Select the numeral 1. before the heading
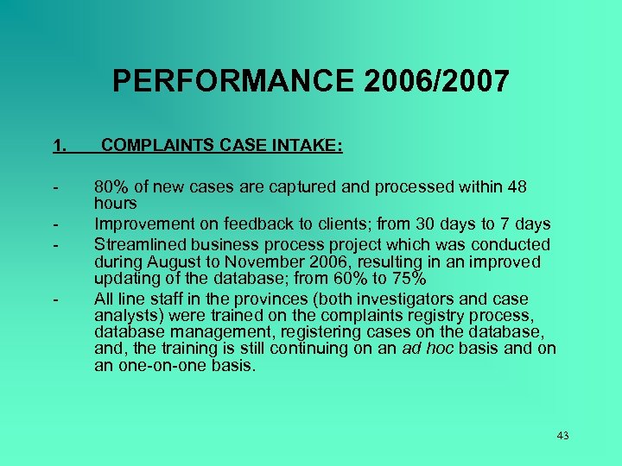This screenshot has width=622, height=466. [x=59, y=147]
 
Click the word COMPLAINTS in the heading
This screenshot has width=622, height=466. [x=153, y=147]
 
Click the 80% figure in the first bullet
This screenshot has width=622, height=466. [x=111, y=187]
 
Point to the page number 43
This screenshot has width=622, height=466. [x=562, y=436]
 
